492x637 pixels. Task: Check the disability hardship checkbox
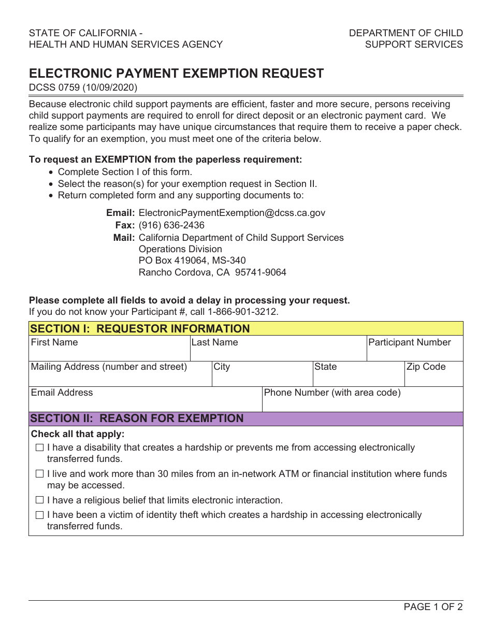pos(40,448)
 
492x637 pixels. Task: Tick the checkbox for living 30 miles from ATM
pos(40,474)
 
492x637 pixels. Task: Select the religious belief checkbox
pos(40,500)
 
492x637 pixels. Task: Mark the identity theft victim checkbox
pos(40,515)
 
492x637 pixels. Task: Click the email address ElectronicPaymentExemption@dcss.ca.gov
pos(232,213)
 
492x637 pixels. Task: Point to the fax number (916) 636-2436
pos(171,225)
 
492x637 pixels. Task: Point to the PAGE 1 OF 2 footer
pos(433,607)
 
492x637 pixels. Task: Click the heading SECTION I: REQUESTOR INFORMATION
pos(140,329)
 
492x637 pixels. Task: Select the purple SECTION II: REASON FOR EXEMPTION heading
pos(137,418)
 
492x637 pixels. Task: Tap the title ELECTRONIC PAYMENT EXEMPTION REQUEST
pos(176,74)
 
